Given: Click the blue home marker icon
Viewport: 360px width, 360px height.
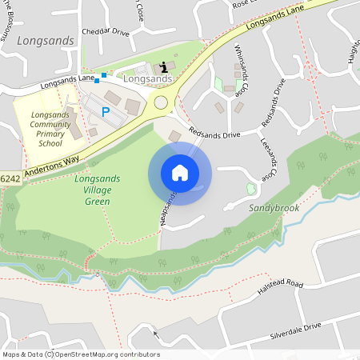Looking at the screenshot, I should (180, 173).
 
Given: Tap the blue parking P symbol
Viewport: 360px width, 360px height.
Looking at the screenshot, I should (105, 112).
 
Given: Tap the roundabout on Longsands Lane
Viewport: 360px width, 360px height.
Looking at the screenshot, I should (162, 102).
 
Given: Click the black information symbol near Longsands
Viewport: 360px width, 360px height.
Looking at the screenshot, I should (164, 66).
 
